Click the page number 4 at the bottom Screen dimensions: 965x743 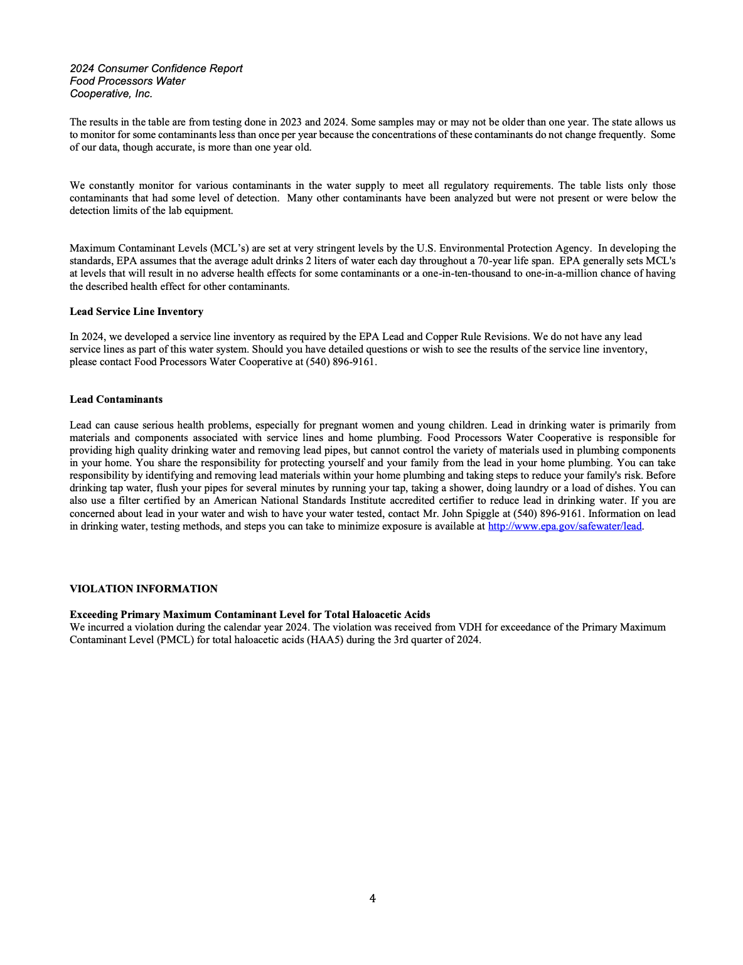(x=372, y=898)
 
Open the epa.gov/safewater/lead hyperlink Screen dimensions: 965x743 (x=564, y=526)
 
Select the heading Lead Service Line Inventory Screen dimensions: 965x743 (x=136, y=312)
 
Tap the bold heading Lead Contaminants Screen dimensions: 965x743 (x=116, y=400)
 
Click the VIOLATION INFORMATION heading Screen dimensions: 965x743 (x=144, y=589)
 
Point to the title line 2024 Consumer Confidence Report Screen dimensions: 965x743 (x=156, y=68)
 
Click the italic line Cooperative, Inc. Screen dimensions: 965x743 (x=111, y=93)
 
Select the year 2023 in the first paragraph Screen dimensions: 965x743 (x=291, y=122)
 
